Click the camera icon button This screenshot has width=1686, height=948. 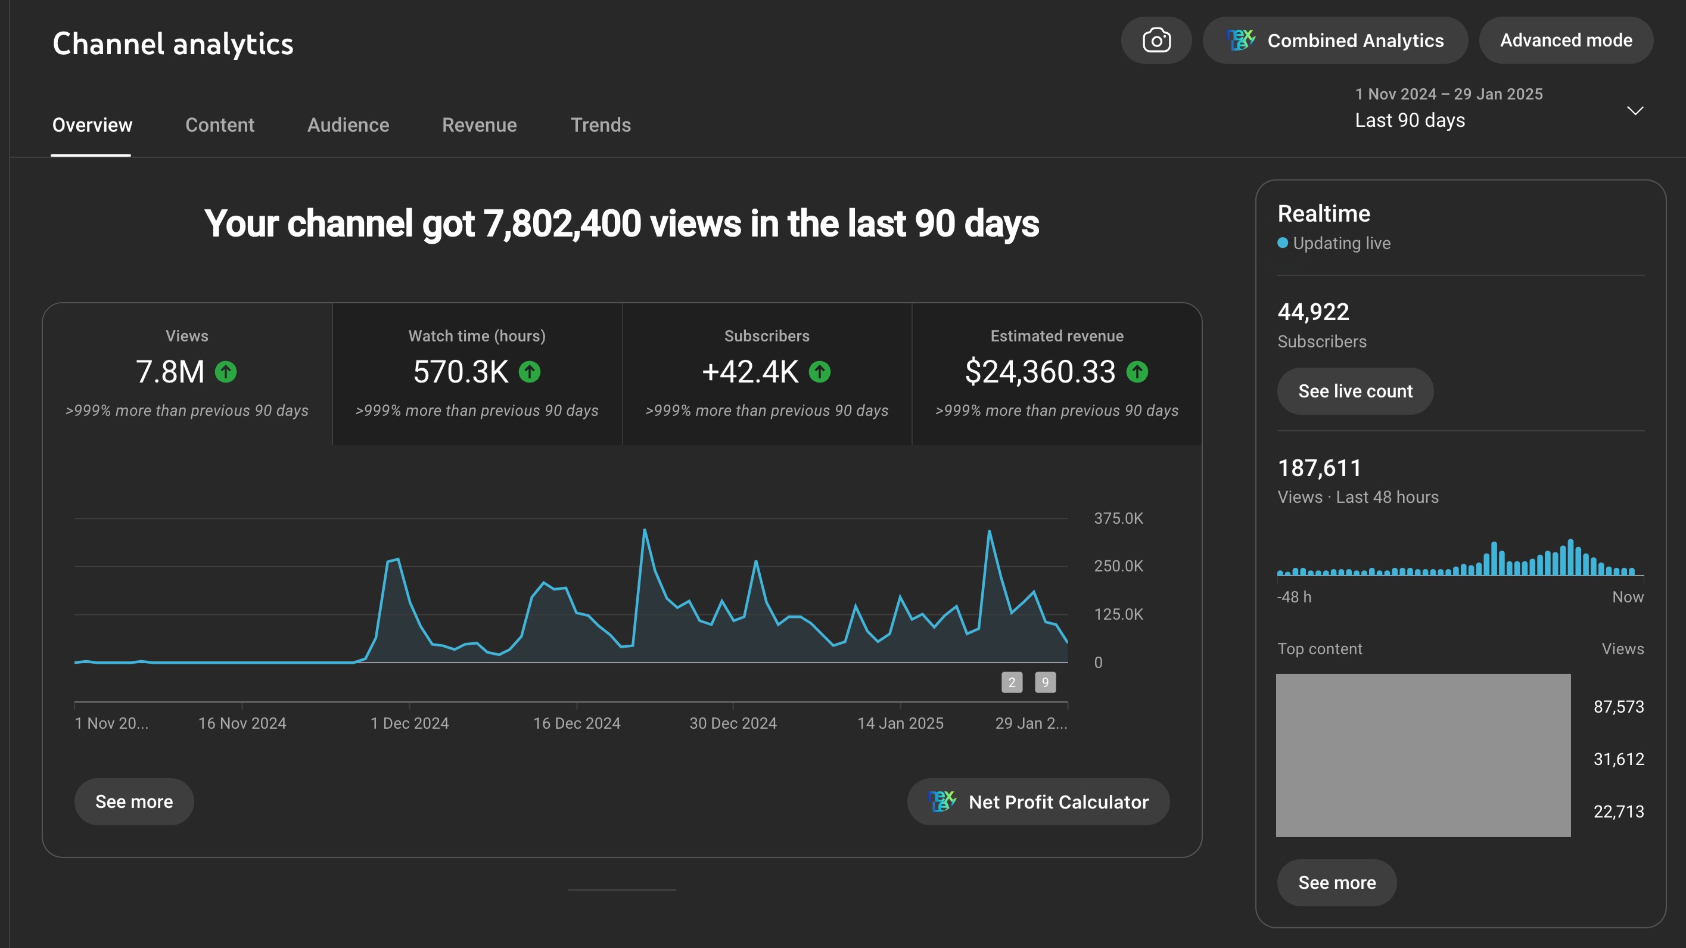[x=1156, y=41]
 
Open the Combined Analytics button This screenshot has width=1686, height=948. [x=1335, y=41]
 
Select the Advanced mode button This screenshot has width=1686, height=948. [x=1566, y=41]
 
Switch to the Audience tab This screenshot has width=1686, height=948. [x=348, y=125]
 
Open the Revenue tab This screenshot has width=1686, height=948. [x=479, y=125]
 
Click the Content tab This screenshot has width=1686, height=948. [x=220, y=125]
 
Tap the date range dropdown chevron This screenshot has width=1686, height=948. [x=1635, y=111]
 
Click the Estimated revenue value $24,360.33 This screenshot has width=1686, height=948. [x=1040, y=372]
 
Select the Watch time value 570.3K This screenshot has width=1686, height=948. [x=460, y=372]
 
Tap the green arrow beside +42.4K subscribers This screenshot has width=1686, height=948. [x=819, y=372]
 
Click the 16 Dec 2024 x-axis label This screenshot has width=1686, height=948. [x=577, y=723]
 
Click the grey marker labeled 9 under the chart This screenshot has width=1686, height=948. [x=1044, y=682]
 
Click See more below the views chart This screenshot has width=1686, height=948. [x=134, y=801]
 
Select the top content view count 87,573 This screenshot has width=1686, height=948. [x=1619, y=707]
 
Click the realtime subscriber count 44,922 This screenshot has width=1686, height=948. [x=1313, y=312]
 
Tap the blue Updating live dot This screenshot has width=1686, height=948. [x=1283, y=243]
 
